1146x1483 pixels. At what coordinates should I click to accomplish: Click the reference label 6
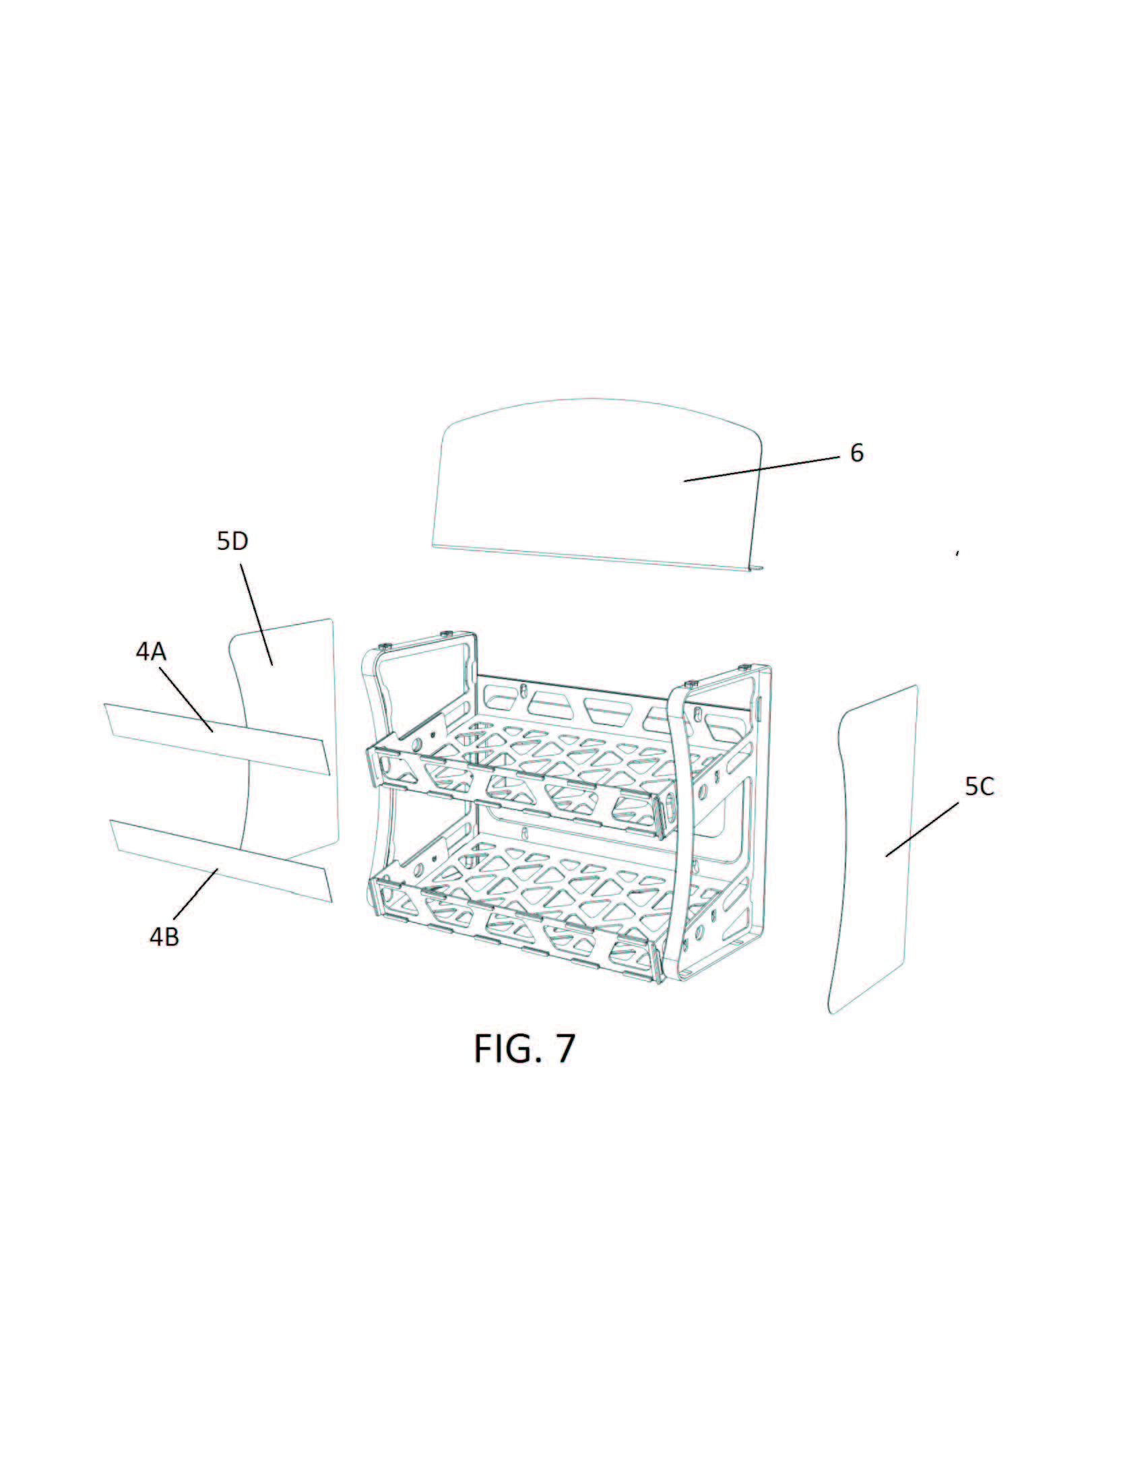pyautogui.click(x=857, y=453)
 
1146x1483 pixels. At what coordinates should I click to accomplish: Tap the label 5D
pyautogui.click(x=233, y=541)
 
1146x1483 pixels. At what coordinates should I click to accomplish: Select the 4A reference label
pyautogui.click(x=151, y=652)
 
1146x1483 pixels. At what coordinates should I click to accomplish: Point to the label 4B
pyautogui.click(x=164, y=937)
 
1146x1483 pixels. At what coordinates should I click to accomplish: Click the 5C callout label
pyautogui.click(x=979, y=786)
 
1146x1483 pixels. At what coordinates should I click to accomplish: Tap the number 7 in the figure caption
pyautogui.click(x=565, y=1048)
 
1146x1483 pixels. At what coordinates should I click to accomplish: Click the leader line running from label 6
pyautogui.click(x=761, y=469)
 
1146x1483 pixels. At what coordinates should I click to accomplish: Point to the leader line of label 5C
pyautogui.click(x=922, y=829)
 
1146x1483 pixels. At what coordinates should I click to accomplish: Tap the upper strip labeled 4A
pyautogui.click(x=217, y=738)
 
